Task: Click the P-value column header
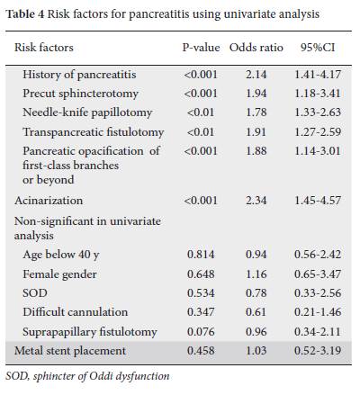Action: coord(201,48)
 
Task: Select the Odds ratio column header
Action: coord(256,48)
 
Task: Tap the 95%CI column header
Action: coord(318,48)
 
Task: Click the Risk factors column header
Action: coord(44,48)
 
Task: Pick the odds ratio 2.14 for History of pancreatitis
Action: coord(256,75)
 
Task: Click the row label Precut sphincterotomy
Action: coord(80,94)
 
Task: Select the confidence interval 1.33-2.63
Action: coord(318,112)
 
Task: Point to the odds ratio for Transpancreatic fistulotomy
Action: coord(256,132)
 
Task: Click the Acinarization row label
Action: coord(49,201)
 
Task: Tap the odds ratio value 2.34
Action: coord(256,201)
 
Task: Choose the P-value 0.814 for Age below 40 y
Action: coord(201,255)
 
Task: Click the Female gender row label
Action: coord(59,274)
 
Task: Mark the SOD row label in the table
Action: coord(35,293)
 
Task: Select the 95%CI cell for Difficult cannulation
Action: coord(318,312)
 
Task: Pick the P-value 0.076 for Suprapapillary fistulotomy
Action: coord(201,332)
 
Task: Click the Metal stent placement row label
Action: coord(70,351)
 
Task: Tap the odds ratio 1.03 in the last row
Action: coord(256,351)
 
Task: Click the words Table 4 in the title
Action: coord(25,13)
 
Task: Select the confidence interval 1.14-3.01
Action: coord(318,151)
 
